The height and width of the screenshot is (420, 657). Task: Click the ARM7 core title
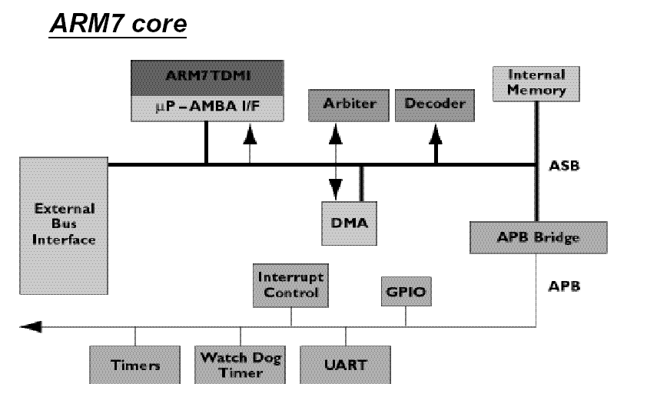pos(118,24)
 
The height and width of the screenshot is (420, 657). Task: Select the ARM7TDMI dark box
pos(207,78)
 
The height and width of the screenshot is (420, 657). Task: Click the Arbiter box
pos(349,105)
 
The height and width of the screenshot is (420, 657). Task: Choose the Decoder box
pos(435,105)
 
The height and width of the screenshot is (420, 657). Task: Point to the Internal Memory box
pos(536,84)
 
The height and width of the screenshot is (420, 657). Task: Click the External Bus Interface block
pos(64,226)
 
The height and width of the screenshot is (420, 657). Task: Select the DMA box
pos(349,223)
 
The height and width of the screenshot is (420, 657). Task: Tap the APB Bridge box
pos(539,238)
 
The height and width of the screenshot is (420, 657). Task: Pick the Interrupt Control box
pos(290,286)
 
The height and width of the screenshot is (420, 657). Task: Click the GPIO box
pos(406,292)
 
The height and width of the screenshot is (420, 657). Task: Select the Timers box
pos(135,365)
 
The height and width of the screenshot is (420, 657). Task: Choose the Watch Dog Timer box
pos(240,365)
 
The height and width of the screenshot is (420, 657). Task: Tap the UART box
pos(345,365)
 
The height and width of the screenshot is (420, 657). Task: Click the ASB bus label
pos(564,166)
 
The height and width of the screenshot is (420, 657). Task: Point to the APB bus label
pos(564,286)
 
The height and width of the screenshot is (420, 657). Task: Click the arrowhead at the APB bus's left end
pos(31,326)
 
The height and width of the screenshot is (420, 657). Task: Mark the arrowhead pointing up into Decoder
pos(436,134)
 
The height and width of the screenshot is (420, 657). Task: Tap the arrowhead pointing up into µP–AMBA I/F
pos(251,134)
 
